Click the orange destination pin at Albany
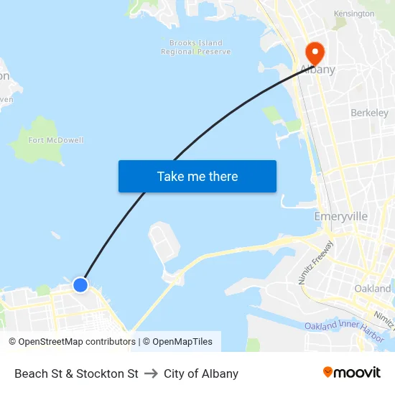pyautogui.click(x=315, y=52)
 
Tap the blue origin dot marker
pyautogui.click(x=80, y=285)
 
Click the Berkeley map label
pyautogui.click(x=369, y=113)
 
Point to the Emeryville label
pyautogui.click(x=341, y=216)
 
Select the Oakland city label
pyautogui.click(x=373, y=288)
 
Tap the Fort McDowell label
pyautogui.click(x=56, y=140)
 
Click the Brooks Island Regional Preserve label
pyautogui.click(x=196, y=47)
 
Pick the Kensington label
pyautogui.click(x=354, y=14)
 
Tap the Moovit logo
pyautogui.click(x=351, y=373)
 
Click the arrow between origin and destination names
pyautogui.click(x=151, y=373)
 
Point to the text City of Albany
pyautogui.click(x=201, y=373)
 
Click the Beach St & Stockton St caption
pyautogui.click(x=76, y=373)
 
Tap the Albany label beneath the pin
pyautogui.click(x=317, y=70)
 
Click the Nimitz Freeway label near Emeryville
pyautogui.click(x=314, y=263)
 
